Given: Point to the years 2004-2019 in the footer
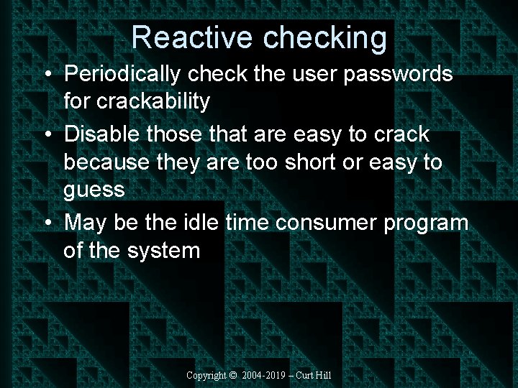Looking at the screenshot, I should [263, 376].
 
